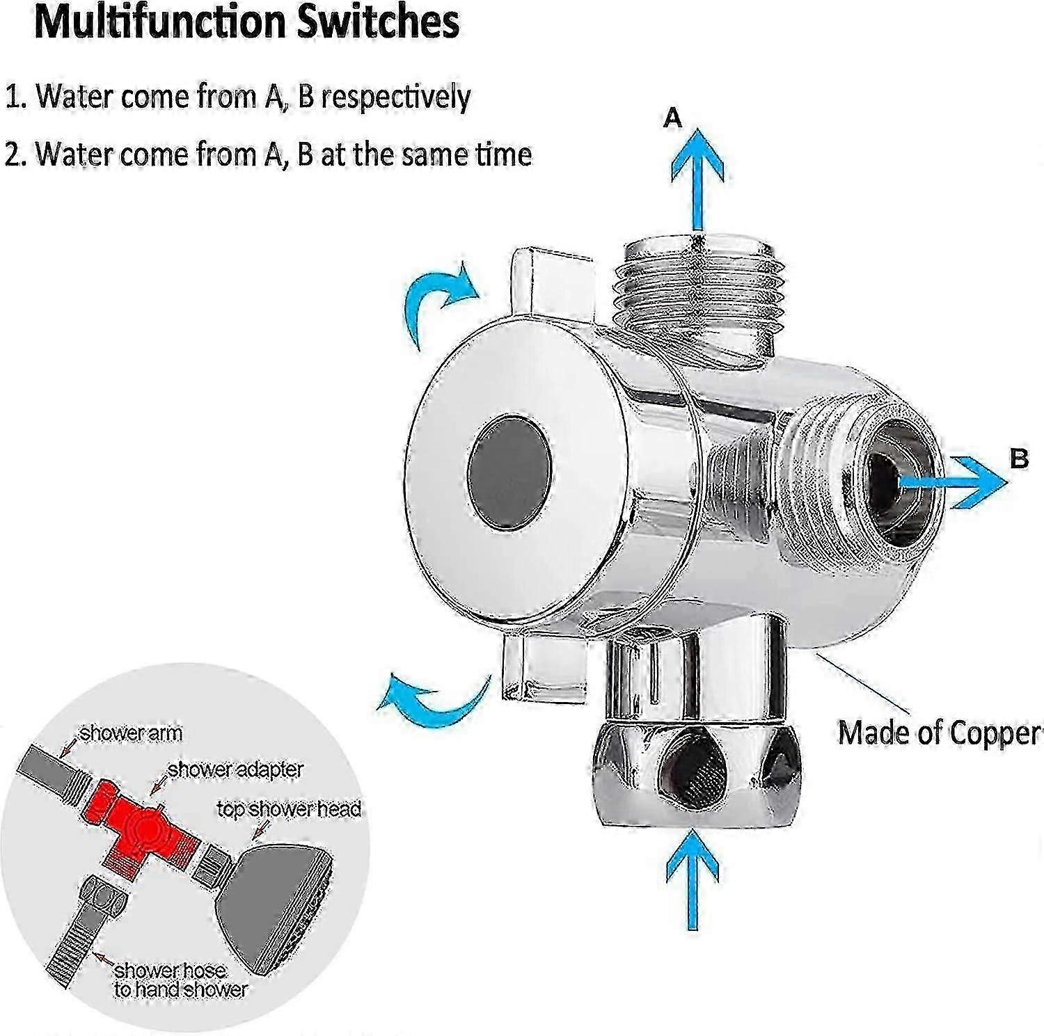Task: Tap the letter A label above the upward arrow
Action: [672, 119]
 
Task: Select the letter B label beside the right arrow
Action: [1018, 459]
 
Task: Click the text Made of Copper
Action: [938, 733]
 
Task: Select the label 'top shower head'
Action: [288, 809]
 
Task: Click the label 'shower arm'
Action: [131, 733]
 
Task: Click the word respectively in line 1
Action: [395, 97]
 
